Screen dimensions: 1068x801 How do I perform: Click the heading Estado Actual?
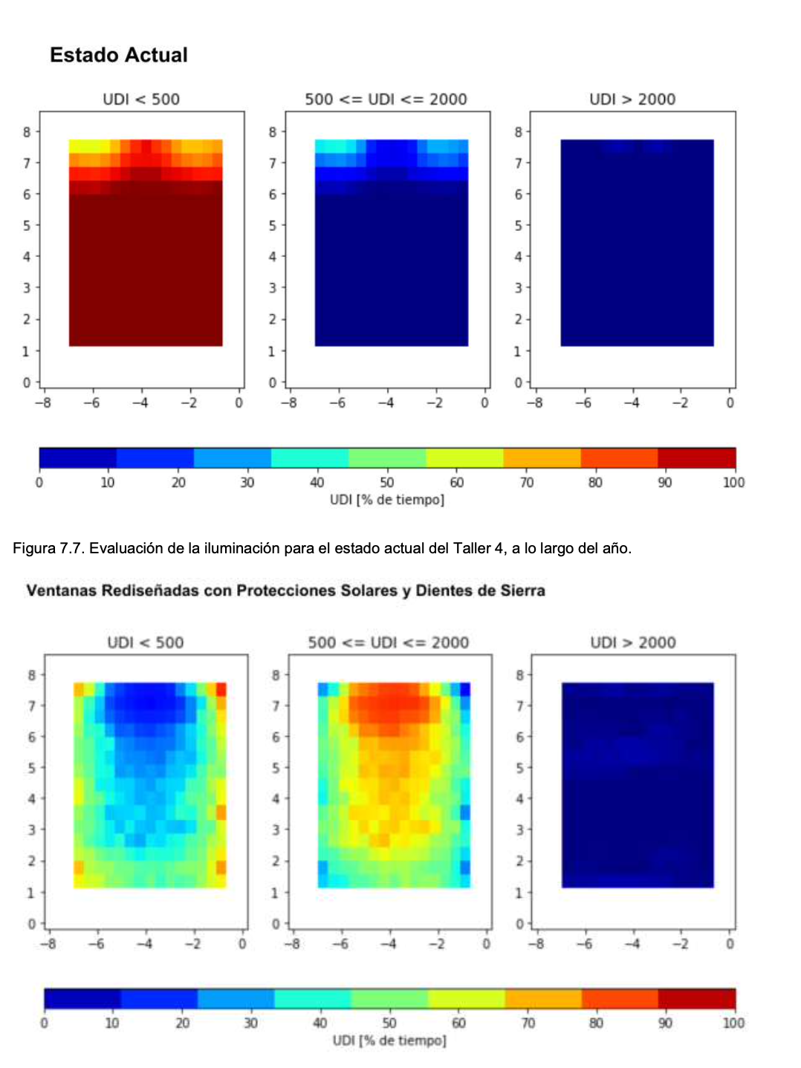pyautogui.click(x=119, y=55)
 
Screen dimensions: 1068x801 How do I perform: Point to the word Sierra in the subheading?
pyautogui.click(x=522, y=591)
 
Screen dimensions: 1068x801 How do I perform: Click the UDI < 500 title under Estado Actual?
pyautogui.click(x=141, y=100)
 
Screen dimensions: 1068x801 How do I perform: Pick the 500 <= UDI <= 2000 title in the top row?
pyautogui.click(x=386, y=100)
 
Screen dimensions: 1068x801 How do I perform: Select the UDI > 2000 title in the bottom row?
pyautogui.click(x=633, y=642)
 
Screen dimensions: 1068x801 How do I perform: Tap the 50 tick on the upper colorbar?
pyautogui.click(x=387, y=483)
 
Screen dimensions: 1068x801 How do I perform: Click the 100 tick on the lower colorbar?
pyautogui.click(x=733, y=1023)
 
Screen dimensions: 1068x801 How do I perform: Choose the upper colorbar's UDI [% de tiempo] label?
pyautogui.click(x=387, y=500)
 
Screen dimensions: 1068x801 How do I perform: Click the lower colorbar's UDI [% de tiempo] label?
pyautogui.click(x=389, y=1041)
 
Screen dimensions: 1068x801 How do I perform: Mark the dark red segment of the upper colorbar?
pyautogui.click(x=696, y=458)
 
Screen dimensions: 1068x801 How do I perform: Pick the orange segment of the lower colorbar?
pyautogui.click(x=543, y=999)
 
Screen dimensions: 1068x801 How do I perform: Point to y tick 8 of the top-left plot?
pyautogui.click(x=27, y=132)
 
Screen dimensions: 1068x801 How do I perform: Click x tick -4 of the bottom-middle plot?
pyautogui.click(x=388, y=944)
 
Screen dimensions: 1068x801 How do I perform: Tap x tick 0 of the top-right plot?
pyautogui.click(x=730, y=403)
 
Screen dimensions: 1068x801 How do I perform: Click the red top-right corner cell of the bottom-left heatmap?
pyautogui.click(x=221, y=689)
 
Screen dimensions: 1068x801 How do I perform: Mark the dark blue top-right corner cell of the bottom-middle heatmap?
pyautogui.click(x=465, y=689)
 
